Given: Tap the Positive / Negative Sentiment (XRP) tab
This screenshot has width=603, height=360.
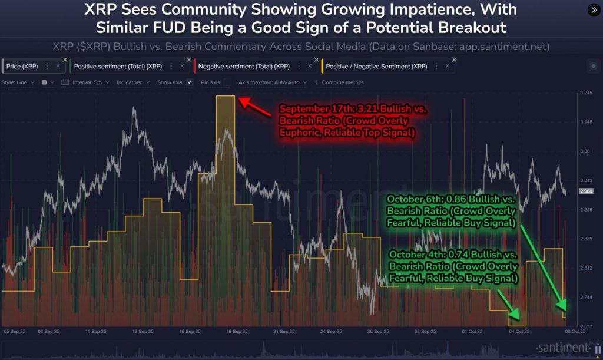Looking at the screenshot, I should coord(376,67).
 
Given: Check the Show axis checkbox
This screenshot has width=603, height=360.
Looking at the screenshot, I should coord(190,82).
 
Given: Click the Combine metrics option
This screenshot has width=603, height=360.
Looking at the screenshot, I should coord(342,82).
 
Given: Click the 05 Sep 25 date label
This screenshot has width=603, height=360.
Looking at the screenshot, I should coord(15,332).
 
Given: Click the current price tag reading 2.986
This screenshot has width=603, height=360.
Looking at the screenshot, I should coord(586,191).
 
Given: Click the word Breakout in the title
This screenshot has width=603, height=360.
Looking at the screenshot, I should coord(473,28).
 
